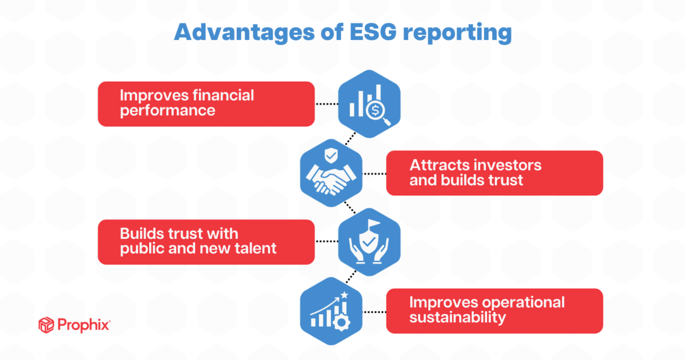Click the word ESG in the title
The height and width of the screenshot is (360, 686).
pos(373,32)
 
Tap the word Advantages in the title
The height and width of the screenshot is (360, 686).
pos(244,33)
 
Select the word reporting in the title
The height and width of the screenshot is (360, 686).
pos(457,33)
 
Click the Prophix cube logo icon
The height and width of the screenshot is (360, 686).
pos(46,325)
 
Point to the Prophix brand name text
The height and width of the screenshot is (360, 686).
pos(83,325)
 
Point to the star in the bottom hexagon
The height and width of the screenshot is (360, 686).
pos(344,295)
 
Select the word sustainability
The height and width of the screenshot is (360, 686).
pos(457,318)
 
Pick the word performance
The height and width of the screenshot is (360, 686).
pos(167,111)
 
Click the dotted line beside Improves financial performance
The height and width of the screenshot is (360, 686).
pos(327,104)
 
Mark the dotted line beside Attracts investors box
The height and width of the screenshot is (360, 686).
pos(374,174)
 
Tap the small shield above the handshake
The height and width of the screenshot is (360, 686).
pos(331,155)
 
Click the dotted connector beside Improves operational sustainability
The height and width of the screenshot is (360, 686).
pos(374,312)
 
